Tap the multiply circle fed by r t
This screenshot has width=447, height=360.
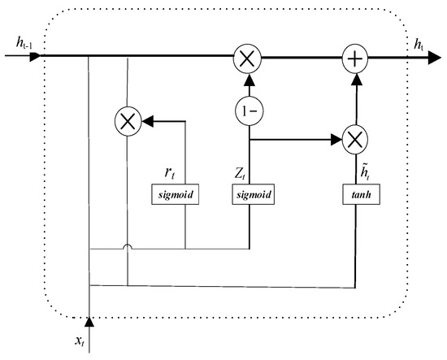tap(128, 123)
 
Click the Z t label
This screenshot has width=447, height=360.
tap(241, 172)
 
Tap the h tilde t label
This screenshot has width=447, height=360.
tap(353, 171)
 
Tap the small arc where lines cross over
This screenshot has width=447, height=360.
tap(128, 245)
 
